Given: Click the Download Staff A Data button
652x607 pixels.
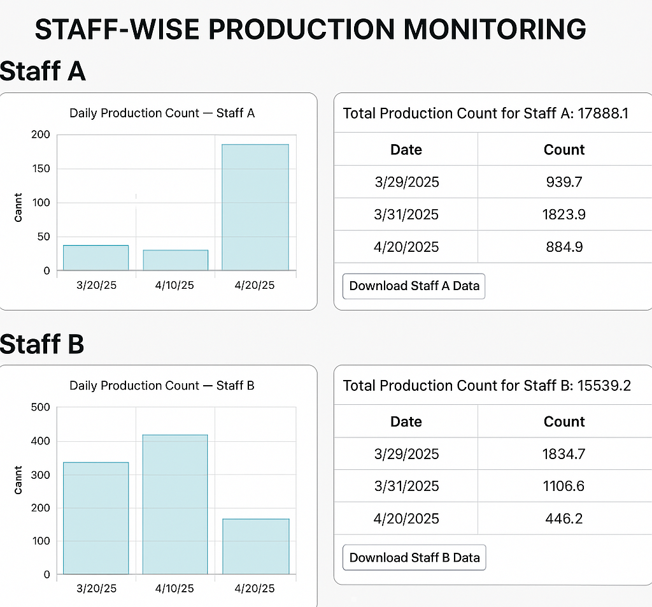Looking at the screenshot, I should tap(414, 286).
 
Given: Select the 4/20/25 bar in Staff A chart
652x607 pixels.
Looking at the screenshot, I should tap(255, 207).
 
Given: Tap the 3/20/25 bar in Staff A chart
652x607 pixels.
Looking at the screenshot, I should tap(96, 258).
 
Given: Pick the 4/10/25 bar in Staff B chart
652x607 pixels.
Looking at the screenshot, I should tap(175, 504).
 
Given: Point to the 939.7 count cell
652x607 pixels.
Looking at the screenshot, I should tap(564, 182).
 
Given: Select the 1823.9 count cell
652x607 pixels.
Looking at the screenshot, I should tap(564, 214).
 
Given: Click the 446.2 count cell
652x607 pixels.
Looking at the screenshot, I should tap(564, 518).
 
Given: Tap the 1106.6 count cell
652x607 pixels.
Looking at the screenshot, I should tap(564, 486).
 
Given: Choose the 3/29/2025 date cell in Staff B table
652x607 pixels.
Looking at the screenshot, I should tap(406, 454).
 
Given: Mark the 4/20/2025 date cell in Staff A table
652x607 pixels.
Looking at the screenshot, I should tap(406, 247).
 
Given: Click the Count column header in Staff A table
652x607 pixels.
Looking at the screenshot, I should tap(564, 150).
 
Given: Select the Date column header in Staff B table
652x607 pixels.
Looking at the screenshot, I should tap(406, 421).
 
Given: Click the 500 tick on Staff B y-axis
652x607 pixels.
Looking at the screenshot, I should tap(39, 407).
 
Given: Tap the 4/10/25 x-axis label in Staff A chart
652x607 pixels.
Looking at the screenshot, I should tap(175, 285).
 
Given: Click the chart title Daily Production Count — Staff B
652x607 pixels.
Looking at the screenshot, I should tap(162, 385).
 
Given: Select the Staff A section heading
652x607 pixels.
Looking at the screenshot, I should tap(43, 71).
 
